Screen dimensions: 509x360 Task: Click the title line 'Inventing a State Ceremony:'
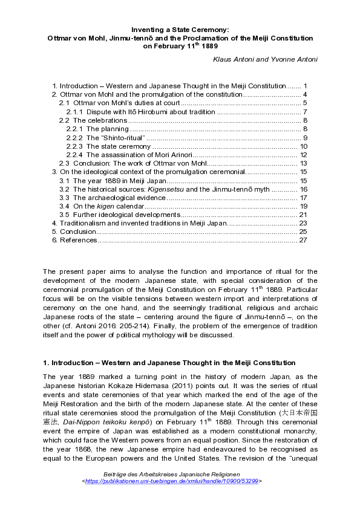pyautogui.click(x=180, y=29)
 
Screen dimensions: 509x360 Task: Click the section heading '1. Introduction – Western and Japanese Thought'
pyautogui.click(x=169, y=363)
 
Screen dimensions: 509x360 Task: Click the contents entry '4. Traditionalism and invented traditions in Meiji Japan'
pyautogui.click(x=139, y=223)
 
